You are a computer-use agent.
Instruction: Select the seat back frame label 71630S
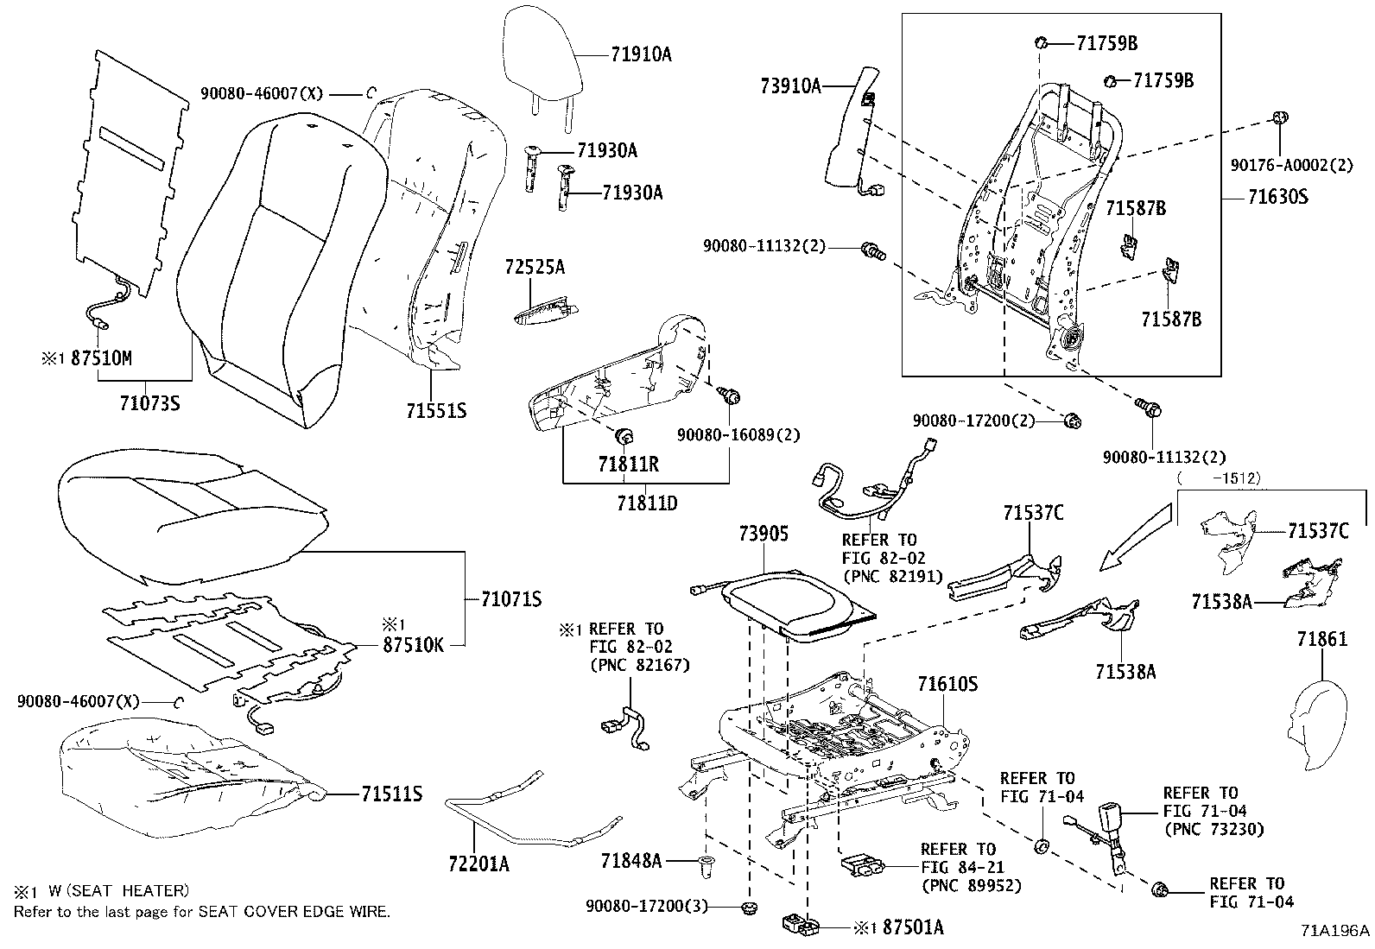coord(1277,197)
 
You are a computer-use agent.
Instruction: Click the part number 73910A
coord(790,85)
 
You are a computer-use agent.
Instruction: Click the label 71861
coord(1321,639)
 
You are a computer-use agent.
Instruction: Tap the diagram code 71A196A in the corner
coord(1336,930)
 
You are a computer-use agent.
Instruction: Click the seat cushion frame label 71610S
coord(947,684)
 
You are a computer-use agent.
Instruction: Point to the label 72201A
coord(478,863)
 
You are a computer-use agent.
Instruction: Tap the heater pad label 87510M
coord(101,358)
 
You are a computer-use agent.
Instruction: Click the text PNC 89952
coord(971,885)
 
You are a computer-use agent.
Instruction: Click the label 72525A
coord(535,267)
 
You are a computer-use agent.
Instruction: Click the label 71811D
coord(647,502)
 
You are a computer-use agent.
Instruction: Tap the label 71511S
coord(391,794)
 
